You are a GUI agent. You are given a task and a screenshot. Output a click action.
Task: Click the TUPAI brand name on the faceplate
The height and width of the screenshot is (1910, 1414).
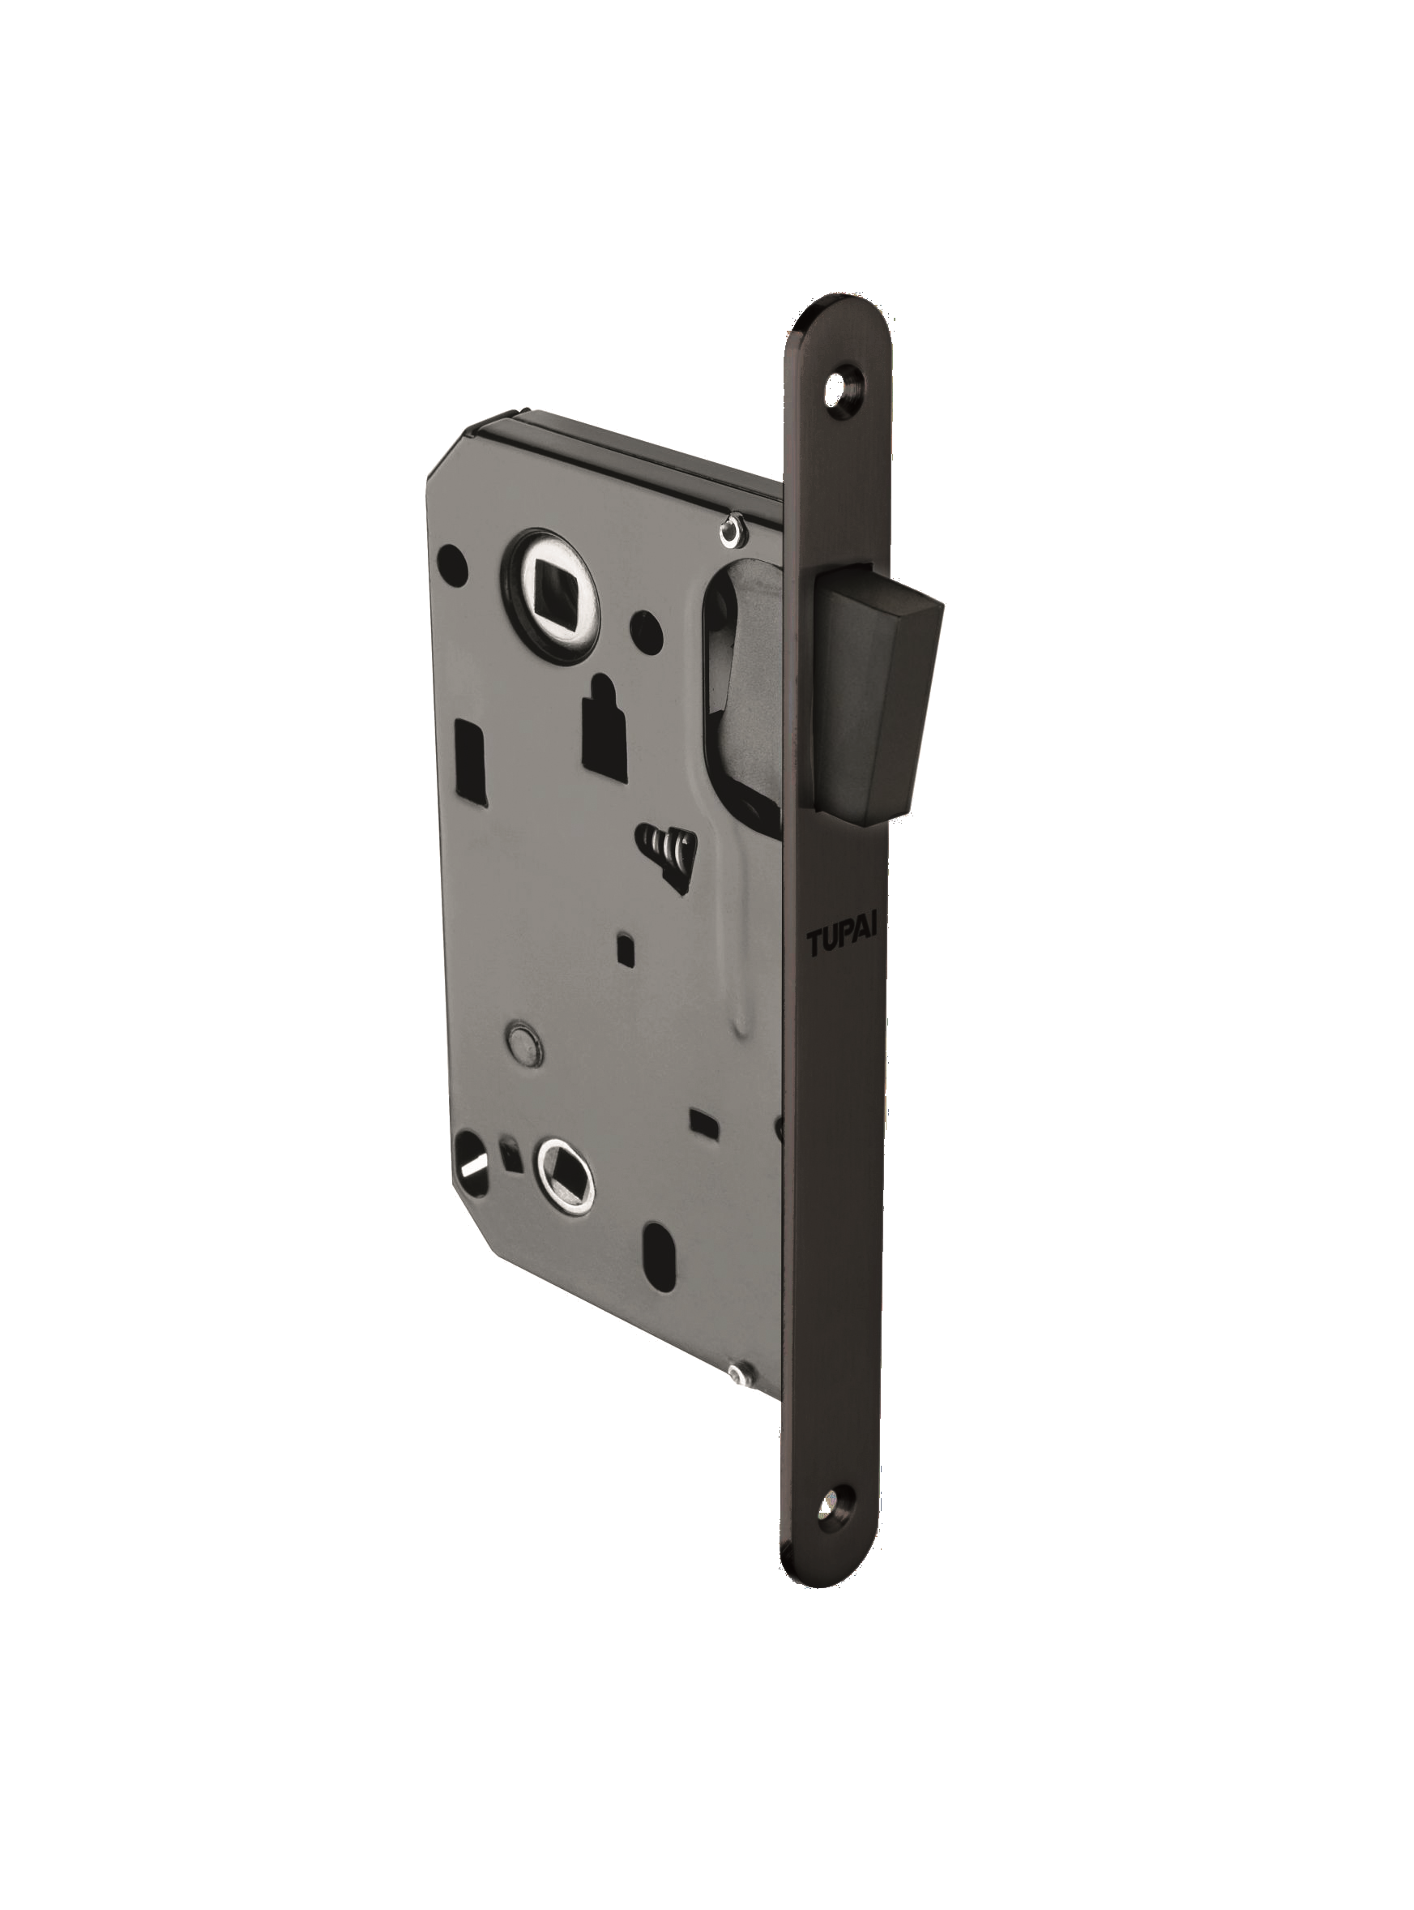pyautogui.click(x=840, y=944)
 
